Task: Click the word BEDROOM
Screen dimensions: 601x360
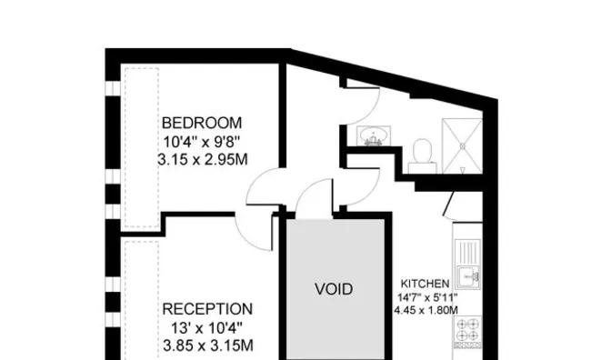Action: click(202, 123)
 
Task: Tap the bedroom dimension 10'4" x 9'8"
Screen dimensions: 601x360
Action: click(202, 142)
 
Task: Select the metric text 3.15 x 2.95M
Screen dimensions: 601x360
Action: click(203, 159)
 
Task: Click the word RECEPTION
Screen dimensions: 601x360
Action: click(207, 309)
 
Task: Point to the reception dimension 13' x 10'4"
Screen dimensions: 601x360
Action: click(206, 328)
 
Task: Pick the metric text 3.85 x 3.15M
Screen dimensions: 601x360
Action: click(208, 345)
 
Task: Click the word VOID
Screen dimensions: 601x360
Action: click(334, 289)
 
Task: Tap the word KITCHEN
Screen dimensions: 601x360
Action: click(426, 284)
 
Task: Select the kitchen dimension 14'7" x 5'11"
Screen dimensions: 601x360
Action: click(427, 297)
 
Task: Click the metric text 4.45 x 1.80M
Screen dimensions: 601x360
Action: click(426, 310)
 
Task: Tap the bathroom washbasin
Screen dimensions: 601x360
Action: click(374, 136)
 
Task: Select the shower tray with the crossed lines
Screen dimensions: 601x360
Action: click(462, 145)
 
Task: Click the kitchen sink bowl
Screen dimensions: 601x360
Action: click(468, 275)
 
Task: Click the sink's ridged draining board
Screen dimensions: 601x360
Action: click(467, 252)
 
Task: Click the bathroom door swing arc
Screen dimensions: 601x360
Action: click(373, 113)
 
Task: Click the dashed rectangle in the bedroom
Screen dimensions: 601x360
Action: click(142, 148)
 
